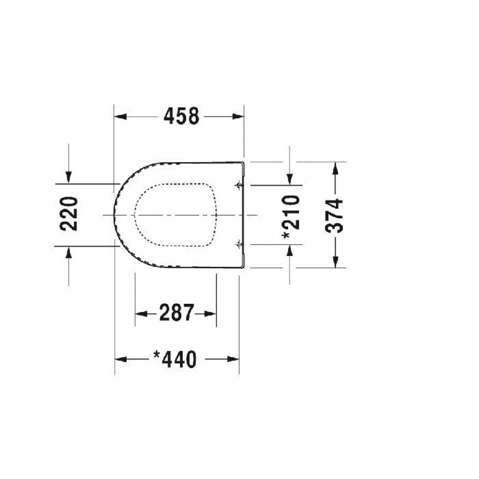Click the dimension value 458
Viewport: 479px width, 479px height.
(181, 116)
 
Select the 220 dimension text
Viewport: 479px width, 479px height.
(69, 214)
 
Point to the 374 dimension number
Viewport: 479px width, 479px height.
(334, 215)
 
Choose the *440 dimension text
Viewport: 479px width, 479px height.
(175, 359)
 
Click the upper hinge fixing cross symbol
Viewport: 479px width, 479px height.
(239, 185)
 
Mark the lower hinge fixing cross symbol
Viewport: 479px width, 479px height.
(239, 244)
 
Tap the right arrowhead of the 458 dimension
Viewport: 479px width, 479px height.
(238, 117)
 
